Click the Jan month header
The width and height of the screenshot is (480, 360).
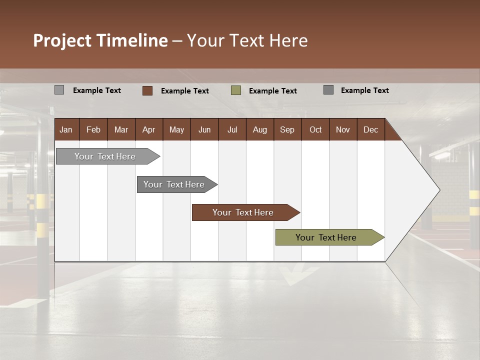click(66, 129)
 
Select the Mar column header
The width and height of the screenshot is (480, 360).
click(121, 129)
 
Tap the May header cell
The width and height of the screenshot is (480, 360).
click(176, 129)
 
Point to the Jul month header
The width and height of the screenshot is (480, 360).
click(232, 129)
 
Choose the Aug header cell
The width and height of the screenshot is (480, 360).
click(259, 129)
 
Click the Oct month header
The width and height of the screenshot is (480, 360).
click(315, 129)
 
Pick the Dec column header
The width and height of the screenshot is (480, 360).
click(370, 129)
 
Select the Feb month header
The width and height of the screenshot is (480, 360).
click(93, 129)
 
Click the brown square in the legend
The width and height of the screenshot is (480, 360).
click(147, 90)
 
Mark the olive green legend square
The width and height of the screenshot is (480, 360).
click(236, 90)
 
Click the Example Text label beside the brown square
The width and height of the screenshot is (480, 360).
click(185, 91)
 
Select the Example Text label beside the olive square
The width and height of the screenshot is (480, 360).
click(273, 91)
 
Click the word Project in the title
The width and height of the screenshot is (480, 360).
click(62, 40)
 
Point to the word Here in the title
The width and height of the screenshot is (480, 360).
click(288, 40)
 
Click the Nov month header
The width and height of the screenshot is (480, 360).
click(343, 129)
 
